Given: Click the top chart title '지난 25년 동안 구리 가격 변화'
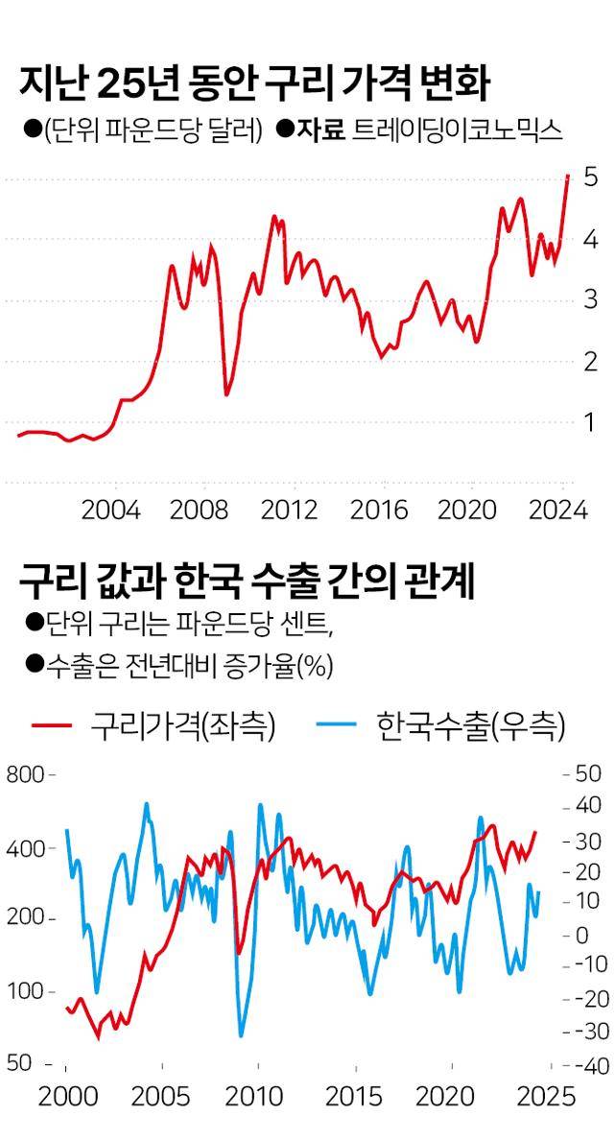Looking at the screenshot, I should [254, 84].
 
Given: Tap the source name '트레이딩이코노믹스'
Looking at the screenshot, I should [457, 131].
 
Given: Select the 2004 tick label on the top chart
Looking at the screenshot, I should [110, 510].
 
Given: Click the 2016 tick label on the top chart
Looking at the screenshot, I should [379, 510].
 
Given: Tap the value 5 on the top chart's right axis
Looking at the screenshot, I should [591, 178].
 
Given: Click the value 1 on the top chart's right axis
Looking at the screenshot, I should [591, 423].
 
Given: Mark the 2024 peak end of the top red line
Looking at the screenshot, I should [567, 176].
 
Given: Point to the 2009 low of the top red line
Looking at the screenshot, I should [226, 393].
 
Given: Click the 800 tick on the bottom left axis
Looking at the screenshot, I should [25, 774].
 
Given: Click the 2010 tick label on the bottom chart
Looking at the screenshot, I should [254, 1097].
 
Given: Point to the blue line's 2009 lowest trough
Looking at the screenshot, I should [240, 1035].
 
